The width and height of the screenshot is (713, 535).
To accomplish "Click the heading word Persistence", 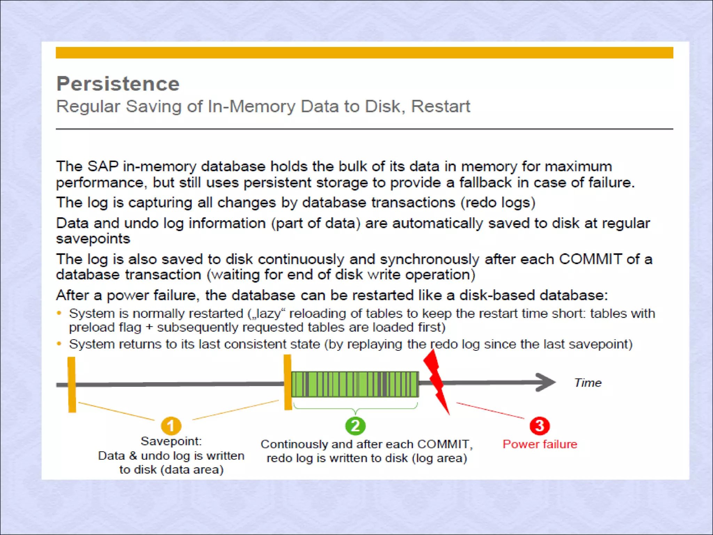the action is coord(118,84).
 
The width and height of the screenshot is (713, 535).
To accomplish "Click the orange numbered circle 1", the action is coord(171,426).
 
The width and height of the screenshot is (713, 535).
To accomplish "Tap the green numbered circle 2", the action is coord(355,426).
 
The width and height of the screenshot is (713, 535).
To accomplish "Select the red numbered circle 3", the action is coord(540,426).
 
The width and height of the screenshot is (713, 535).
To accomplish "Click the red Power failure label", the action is coord(540,444).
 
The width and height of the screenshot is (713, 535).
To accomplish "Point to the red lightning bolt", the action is coord(436,381).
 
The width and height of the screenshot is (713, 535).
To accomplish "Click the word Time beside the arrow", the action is coord(588,383).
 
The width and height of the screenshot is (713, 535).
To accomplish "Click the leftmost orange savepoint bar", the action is coord(72,385).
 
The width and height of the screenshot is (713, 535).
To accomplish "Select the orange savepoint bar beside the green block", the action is coord(288,382).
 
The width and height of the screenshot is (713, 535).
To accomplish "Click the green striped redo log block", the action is coord(355,384).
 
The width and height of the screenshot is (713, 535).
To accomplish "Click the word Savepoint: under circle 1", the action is coord(171,441).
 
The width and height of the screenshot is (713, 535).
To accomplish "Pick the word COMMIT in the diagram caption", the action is coord(443,444).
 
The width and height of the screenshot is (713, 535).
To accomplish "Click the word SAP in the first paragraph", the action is coord(103,166).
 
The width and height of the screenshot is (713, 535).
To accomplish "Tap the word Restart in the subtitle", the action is coord(441,106).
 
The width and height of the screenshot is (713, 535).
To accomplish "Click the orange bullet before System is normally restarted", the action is coord(59,313).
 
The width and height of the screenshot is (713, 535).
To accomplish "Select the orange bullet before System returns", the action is coord(59,344).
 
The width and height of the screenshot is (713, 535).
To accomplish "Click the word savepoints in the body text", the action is coord(93,239).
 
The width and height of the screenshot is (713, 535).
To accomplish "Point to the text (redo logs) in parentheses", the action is coord(498,202).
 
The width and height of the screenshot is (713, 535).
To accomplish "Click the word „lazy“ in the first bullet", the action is coord(266,313).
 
